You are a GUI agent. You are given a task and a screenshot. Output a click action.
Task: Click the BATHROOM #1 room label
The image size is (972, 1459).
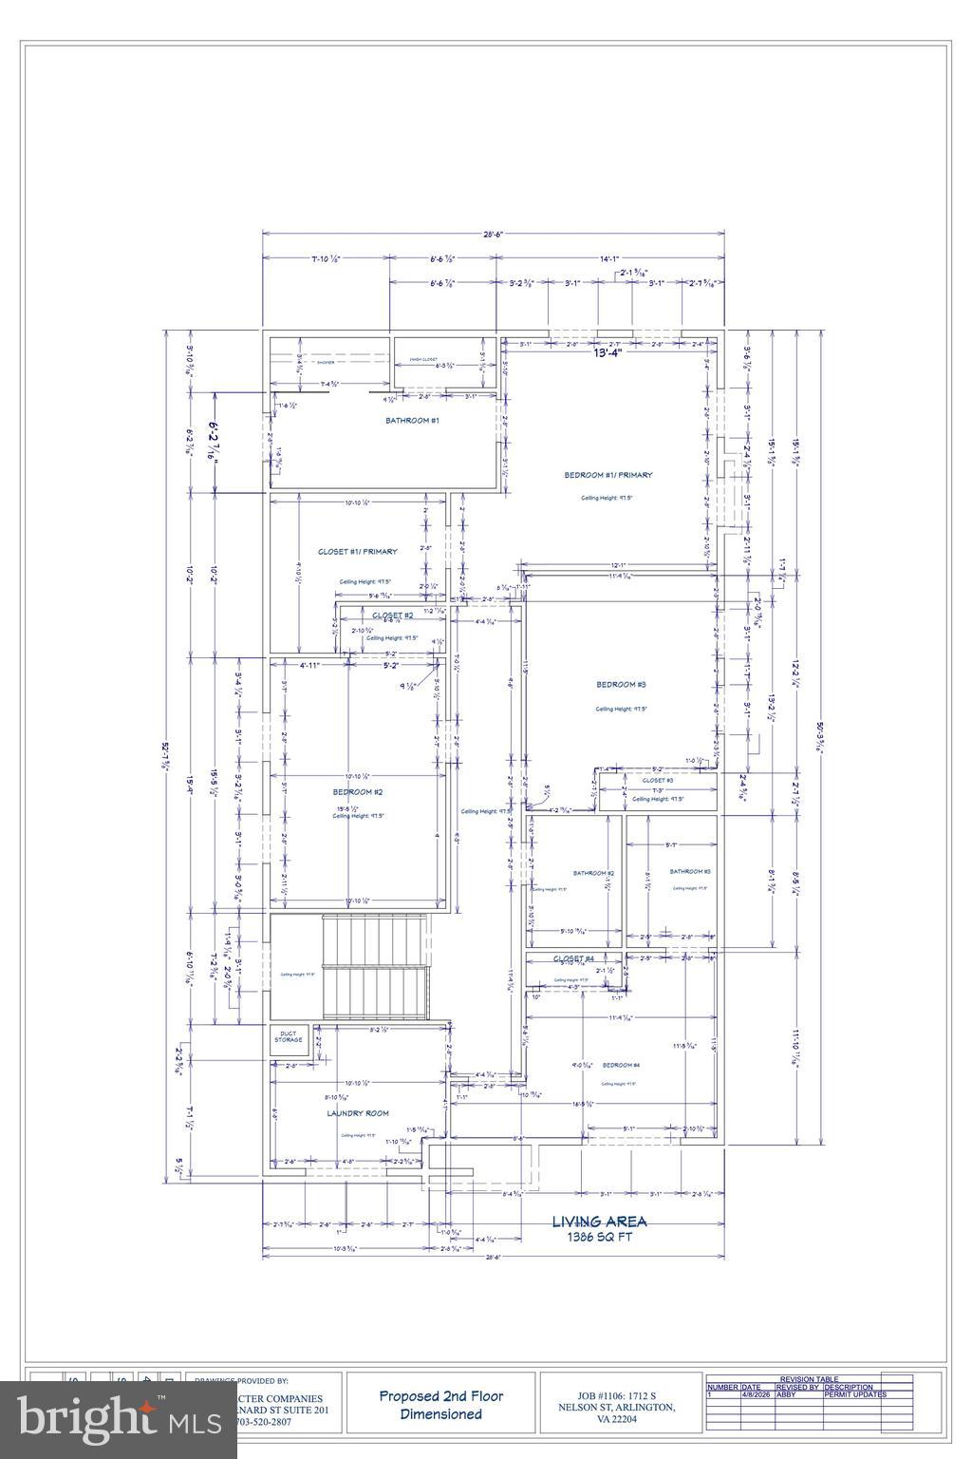tap(411, 420)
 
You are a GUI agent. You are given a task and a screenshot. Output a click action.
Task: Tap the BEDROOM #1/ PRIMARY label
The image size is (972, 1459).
tap(608, 475)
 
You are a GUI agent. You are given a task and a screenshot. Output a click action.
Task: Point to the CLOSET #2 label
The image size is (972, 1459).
tap(392, 616)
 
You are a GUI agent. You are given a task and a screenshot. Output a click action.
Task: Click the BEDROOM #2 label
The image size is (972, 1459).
tap(357, 791)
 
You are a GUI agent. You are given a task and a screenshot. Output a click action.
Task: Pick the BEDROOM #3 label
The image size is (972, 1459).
tap(621, 685)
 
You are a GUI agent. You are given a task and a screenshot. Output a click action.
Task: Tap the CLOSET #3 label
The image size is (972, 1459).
tap(657, 780)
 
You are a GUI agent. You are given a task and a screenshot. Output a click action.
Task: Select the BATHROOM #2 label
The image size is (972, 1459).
tap(593, 873)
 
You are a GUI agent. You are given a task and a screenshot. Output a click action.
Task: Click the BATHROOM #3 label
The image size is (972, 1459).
tap(690, 871)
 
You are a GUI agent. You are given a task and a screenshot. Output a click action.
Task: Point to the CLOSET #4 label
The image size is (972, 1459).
tap(573, 958)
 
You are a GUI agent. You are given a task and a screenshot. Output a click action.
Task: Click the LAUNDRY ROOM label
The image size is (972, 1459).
tap(358, 1113)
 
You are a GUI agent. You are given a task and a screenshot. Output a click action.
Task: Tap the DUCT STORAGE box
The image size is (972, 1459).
tap(289, 1037)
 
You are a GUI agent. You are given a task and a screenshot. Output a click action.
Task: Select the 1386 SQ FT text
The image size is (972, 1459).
tap(599, 1238)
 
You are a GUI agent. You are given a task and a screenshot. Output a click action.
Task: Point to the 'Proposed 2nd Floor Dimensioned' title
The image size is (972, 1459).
tap(441, 1405)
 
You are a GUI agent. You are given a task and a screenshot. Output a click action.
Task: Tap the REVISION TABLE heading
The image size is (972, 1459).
tap(809, 1379)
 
